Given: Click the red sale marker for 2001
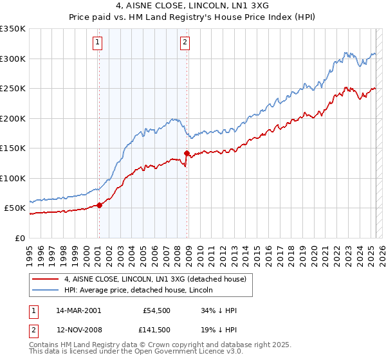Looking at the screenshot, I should click(x=99, y=205).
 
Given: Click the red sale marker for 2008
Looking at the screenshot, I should click(x=187, y=154).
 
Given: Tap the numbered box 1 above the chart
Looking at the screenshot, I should click(x=97, y=43).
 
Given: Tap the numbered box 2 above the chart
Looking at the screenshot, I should click(x=185, y=43).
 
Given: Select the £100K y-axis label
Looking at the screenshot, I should click(x=13, y=178).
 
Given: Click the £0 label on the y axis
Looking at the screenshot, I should click(x=20, y=238).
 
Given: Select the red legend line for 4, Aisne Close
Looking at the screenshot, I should click(x=46, y=279).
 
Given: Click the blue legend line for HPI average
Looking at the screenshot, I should click(x=46, y=291).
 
